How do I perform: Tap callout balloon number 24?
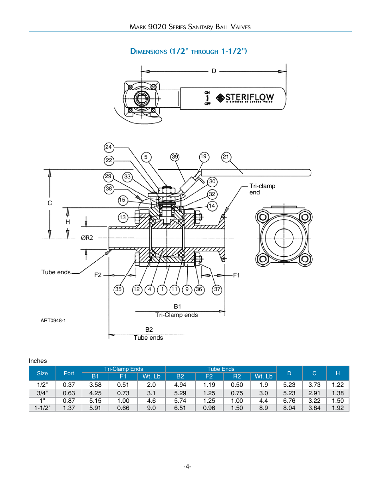pyautogui.click(x=109, y=147)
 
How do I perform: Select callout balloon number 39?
pyautogui.click(x=175, y=157)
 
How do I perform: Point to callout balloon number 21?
pyautogui.click(x=226, y=157)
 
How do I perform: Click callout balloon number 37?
pyautogui.click(x=217, y=289)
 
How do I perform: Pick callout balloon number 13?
pyautogui.click(x=123, y=218)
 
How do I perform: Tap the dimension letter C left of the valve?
pyautogui.click(x=50, y=203)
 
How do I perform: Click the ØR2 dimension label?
pyautogui.click(x=87, y=238)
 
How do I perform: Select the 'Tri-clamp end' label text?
pyautogui.click(x=262, y=189)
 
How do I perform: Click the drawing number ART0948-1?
pyautogui.click(x=53, y=321)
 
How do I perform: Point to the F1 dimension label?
pyautogui.click(x=236, y=275)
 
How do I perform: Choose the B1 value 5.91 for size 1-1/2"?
pyautogui.click(x=95, y=408)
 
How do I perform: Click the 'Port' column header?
pyautogui.click(x=69, y=373)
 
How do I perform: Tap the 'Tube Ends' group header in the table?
pyautogui.click(x=221, y=369)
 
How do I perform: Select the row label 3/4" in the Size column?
pyautogui.click(x=42, y=393)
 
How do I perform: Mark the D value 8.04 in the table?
pyautogui.click(x=289, y=408)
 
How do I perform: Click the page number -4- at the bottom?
pyautogui.click(x=187, y=466)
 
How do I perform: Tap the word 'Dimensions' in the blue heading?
pyautogui.click(x=149, y=51)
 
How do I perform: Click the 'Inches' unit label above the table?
pyautogui.click(x=38, y=361)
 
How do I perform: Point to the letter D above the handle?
pyautogui.click(x=214, y=71)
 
